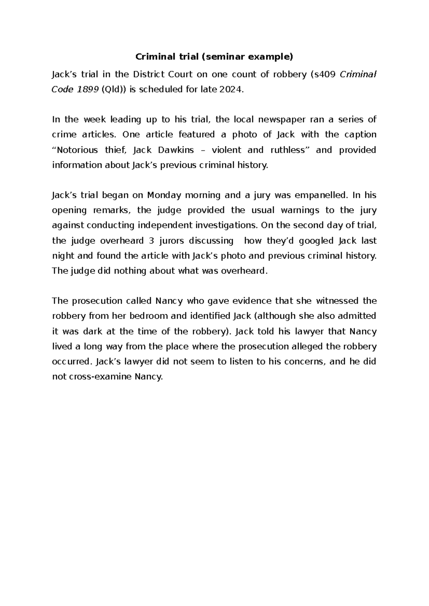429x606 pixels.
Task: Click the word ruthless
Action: pyautogui.click(x=291, y=150)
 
